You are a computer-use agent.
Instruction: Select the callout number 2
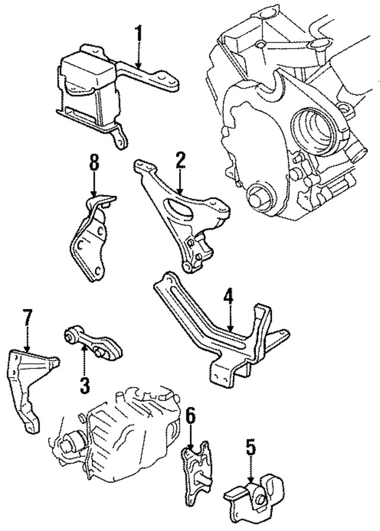[180, 160]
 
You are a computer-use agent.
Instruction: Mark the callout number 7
[26, 318]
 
